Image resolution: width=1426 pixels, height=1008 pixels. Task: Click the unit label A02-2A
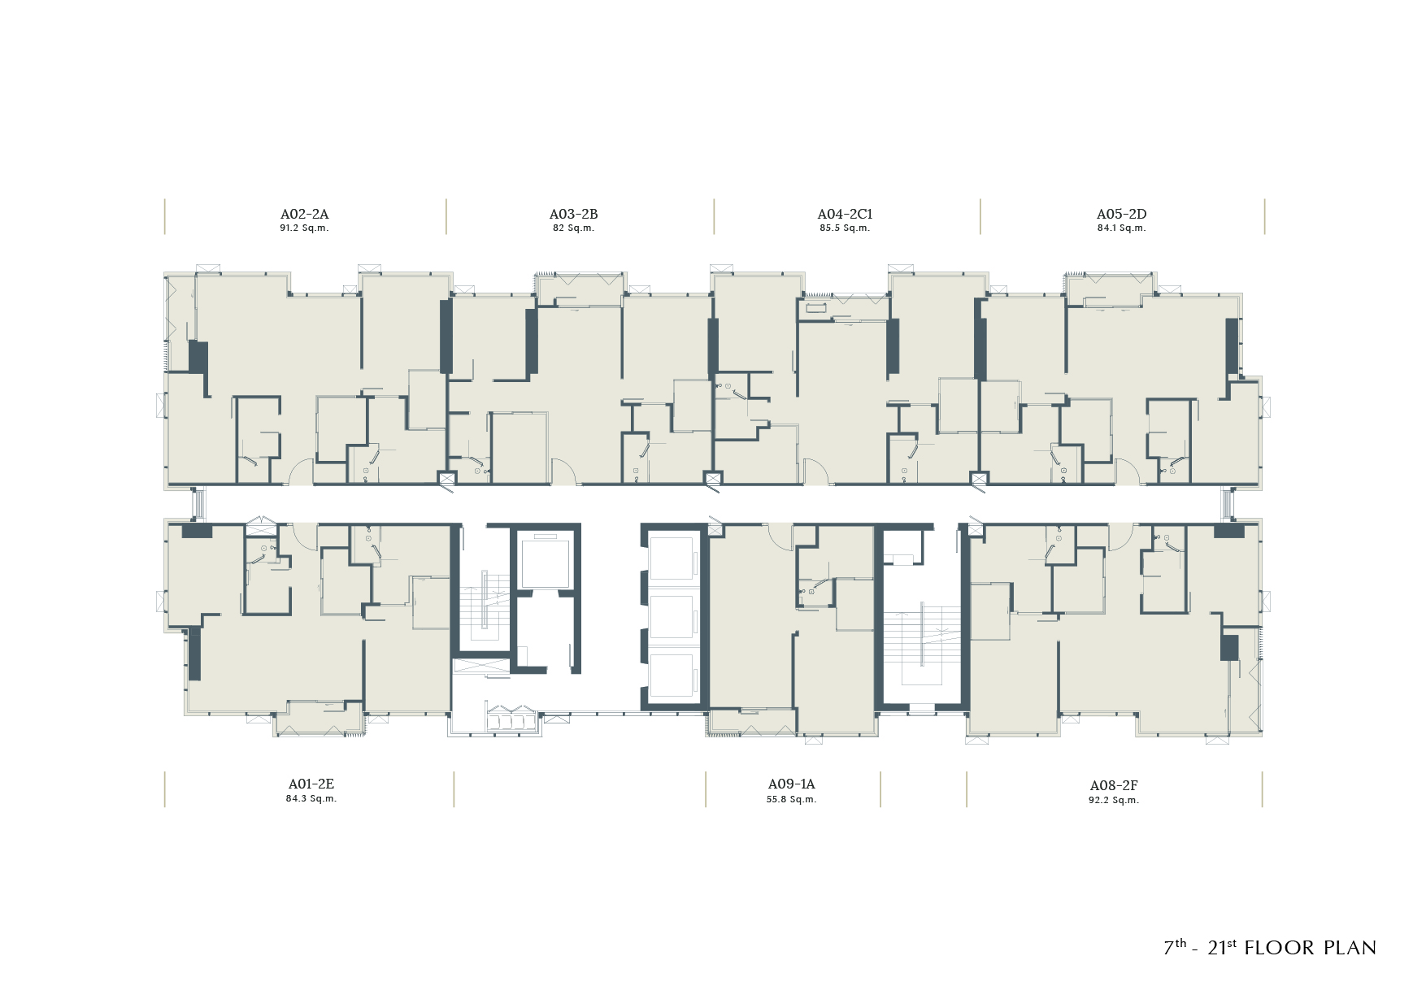[304, 214]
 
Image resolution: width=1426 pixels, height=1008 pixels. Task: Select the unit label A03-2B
[573, 214]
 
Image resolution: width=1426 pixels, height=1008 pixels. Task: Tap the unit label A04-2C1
[845, 214]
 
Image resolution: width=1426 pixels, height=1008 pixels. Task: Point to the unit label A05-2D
[1121, 214]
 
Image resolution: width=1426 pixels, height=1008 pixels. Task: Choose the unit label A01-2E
[311, 784]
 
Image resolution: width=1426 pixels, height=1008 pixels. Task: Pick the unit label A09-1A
[791, 784]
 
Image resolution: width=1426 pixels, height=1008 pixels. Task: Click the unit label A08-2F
[1114, 785]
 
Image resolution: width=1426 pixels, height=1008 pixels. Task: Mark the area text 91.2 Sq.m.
[304, 228]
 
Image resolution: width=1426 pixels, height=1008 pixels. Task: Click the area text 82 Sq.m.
[573, 228]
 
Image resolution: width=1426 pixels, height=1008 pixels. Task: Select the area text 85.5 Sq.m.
[845, 228]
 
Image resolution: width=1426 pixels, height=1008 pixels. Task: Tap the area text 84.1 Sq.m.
[1121, 228]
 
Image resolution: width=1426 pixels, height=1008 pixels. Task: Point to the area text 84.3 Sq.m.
[311, 799]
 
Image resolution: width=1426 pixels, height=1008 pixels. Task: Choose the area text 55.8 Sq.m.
[791, 800]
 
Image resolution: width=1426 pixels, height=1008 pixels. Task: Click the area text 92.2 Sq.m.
[1114, 801]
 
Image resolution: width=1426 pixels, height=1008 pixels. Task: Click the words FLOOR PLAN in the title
[1311, 948]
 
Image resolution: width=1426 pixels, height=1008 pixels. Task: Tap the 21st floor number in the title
[1222, 947]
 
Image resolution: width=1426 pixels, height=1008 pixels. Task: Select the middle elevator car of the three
[672, 616]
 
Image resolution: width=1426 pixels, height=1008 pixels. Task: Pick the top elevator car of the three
[672, 558]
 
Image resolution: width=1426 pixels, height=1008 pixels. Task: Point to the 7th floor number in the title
[1175, 947]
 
